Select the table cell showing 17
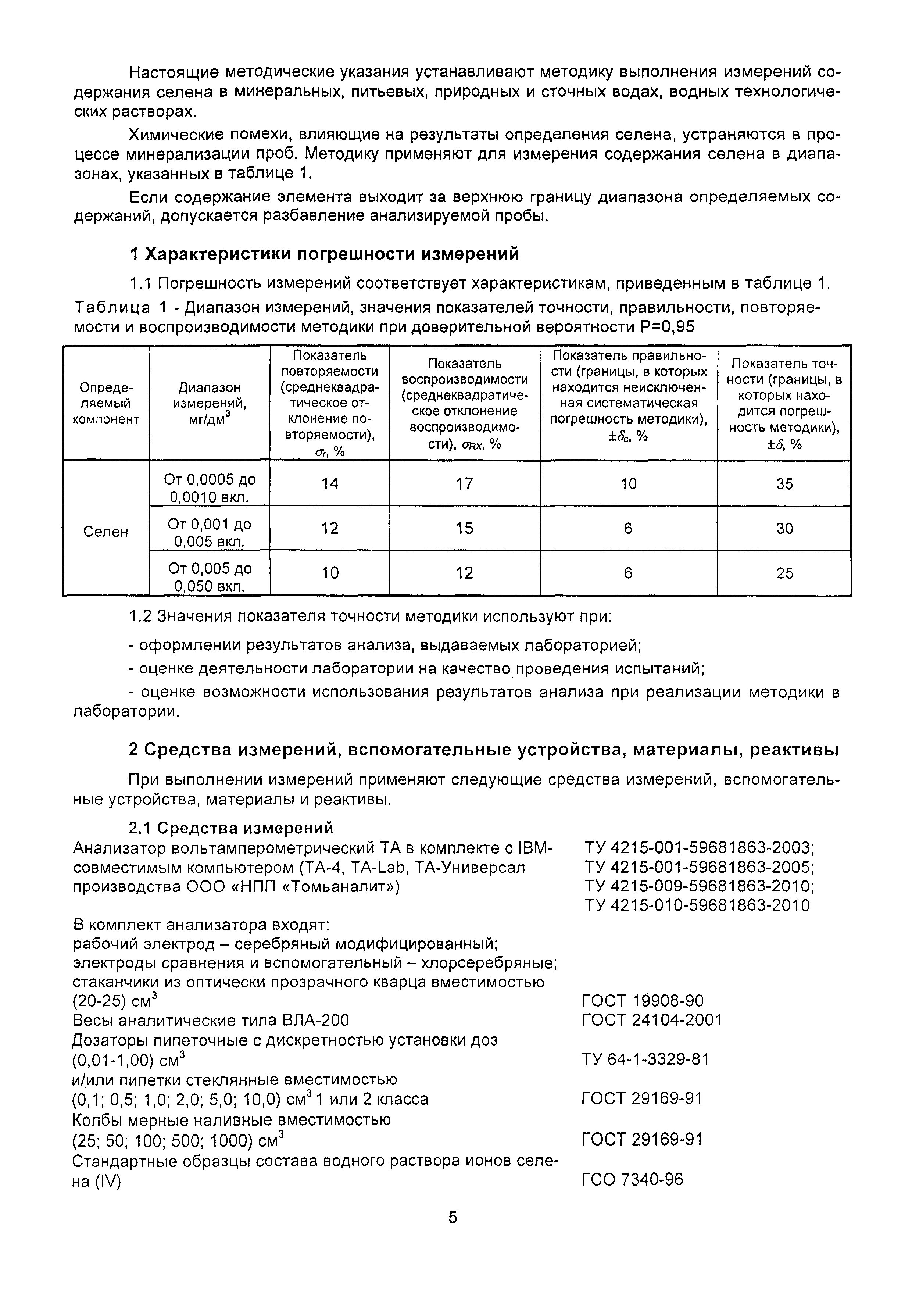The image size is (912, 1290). pos(464,484)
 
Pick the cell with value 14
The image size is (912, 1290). pos(330,484)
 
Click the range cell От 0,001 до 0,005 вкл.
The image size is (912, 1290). pos(210,533)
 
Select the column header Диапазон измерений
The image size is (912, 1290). pos(210,403)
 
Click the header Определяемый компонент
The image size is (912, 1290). pos(105,403)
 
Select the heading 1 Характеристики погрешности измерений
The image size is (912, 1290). pos(324,254)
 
